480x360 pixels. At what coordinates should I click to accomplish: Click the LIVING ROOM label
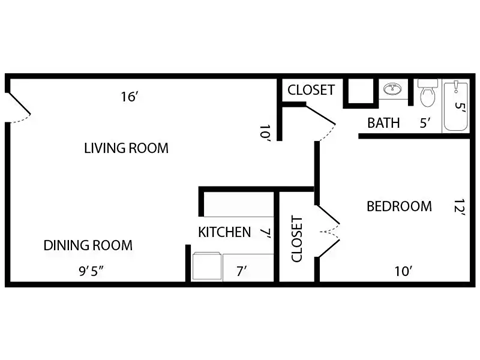click(125, 148)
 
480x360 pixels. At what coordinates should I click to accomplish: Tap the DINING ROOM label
click(88, 245)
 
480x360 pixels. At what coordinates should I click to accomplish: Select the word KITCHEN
click(224, 232)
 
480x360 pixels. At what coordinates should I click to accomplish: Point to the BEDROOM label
click(399, 207)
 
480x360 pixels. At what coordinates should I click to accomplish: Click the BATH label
click(383, 124)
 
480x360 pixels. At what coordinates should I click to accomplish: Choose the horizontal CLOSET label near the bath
click(311, 90)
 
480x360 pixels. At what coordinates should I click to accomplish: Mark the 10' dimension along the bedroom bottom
click(403, 269)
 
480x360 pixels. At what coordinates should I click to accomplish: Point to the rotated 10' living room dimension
click(265, 134)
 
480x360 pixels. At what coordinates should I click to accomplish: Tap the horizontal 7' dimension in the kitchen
click(240, 269)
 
